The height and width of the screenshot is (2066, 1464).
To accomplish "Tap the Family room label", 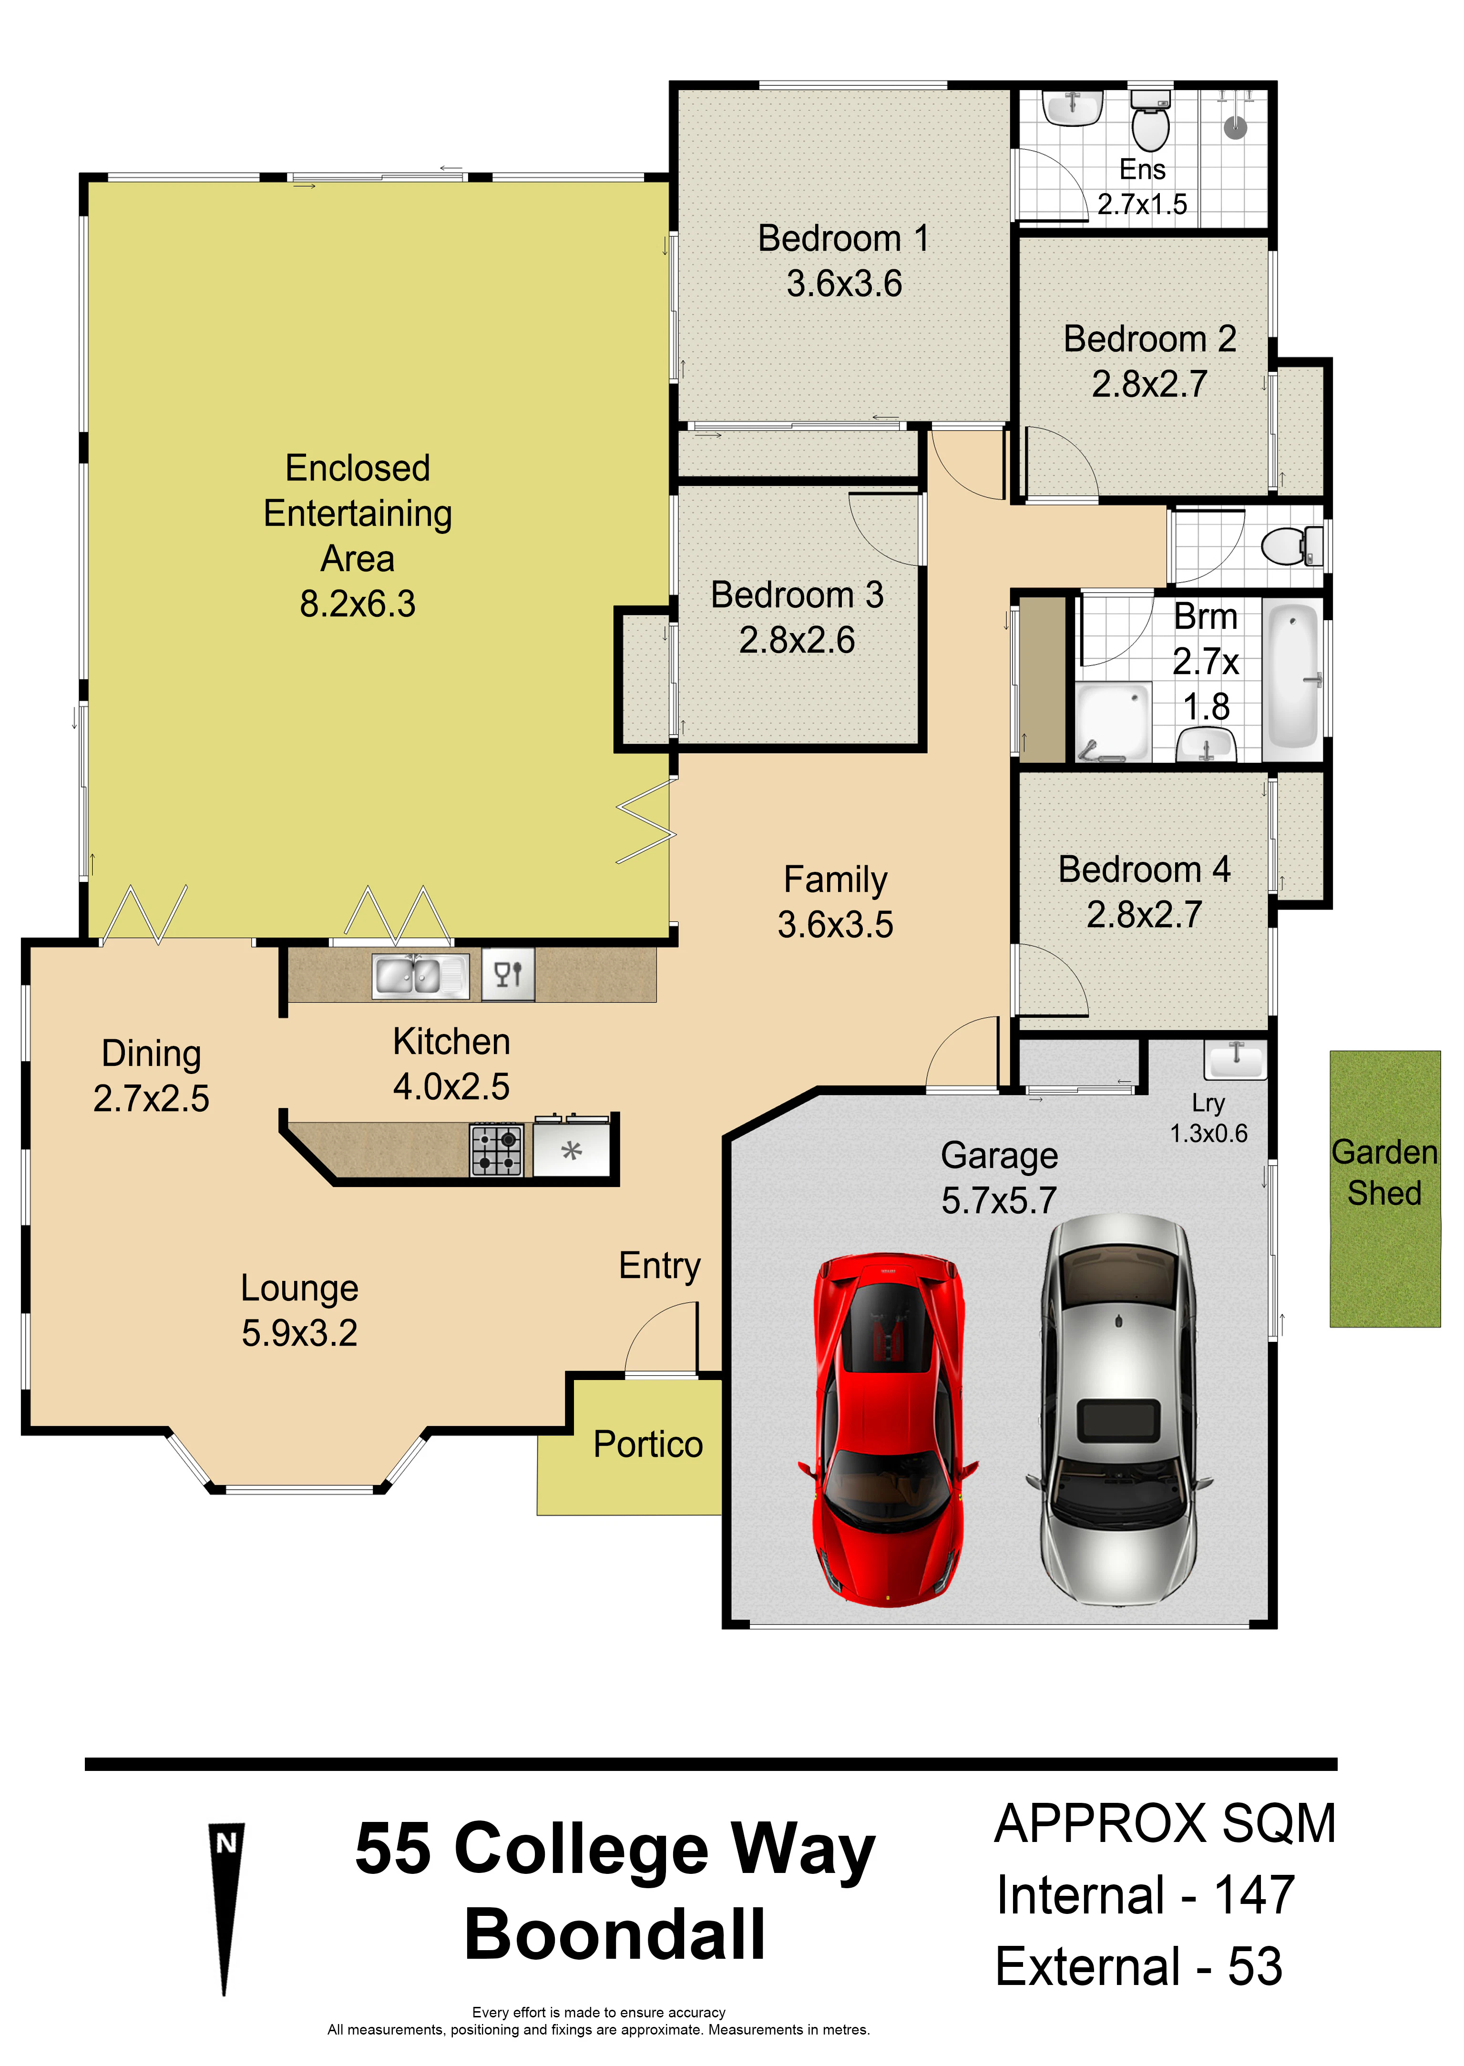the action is tap(836, 880).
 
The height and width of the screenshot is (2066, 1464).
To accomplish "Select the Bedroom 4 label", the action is tap(1144, 870).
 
